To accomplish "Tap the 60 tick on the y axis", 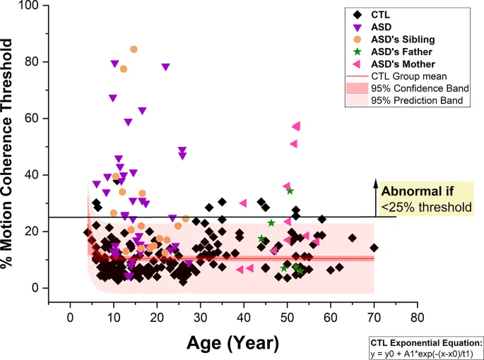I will point(36,119).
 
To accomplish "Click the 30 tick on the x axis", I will point(201,317).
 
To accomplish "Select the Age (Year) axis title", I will point(233,344).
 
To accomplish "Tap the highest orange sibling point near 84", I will point(134,49).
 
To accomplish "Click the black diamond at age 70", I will point(374,248).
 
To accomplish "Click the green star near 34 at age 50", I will point(290,191).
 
